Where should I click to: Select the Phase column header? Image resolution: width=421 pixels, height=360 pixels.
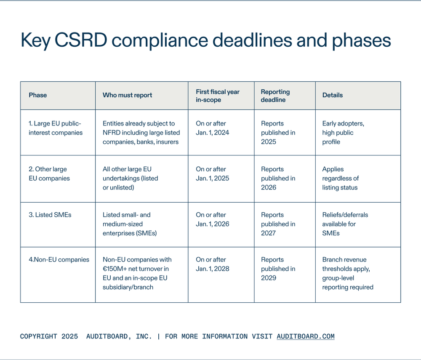tap(38, 95)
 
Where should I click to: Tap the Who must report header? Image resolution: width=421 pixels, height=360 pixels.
tap(128, 95)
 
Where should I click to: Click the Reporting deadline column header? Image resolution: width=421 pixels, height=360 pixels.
tap(275, 96)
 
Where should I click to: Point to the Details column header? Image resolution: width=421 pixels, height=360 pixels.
tap(333, 95)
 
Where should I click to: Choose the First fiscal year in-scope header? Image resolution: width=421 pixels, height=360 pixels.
tap(218, 96)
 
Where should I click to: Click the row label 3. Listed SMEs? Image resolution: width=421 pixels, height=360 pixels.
tap(50, 215)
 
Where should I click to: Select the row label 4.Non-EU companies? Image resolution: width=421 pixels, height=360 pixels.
tap(59, 259)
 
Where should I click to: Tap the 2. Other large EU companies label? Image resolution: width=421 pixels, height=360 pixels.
tap(49, 173)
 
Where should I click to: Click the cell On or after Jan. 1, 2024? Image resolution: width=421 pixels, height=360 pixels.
tap(213, 128)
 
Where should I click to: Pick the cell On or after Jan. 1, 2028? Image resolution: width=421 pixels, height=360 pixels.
tap(213, 264)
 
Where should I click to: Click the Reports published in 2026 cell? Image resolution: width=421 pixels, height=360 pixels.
tap(278, 178)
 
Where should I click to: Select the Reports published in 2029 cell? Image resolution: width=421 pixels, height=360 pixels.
tap(278, 269)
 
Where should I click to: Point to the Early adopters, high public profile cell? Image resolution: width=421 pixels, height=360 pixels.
tap(343, 133)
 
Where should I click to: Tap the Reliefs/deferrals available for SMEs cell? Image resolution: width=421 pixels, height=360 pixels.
tap(345, 224)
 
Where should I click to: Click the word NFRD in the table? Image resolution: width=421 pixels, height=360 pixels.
tap(112, 133)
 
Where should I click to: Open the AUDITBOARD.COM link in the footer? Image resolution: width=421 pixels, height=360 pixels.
tap(306, 336)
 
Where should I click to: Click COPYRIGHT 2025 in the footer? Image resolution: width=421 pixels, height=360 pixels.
tap(49, 336)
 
